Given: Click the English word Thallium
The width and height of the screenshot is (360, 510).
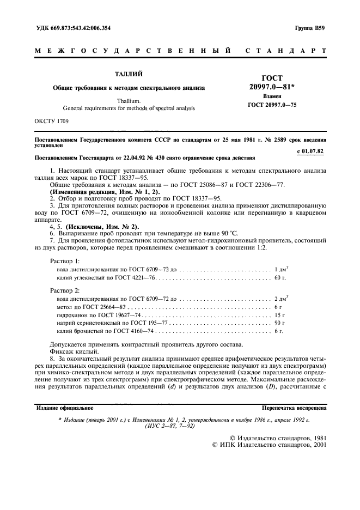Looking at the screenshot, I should coord(129,101).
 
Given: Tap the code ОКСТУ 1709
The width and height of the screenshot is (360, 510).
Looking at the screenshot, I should coord(52,120).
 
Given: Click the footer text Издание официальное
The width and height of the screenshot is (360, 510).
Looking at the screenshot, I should coord(64,407).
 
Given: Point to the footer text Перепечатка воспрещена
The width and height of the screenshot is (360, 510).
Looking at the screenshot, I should coord(294,407).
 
